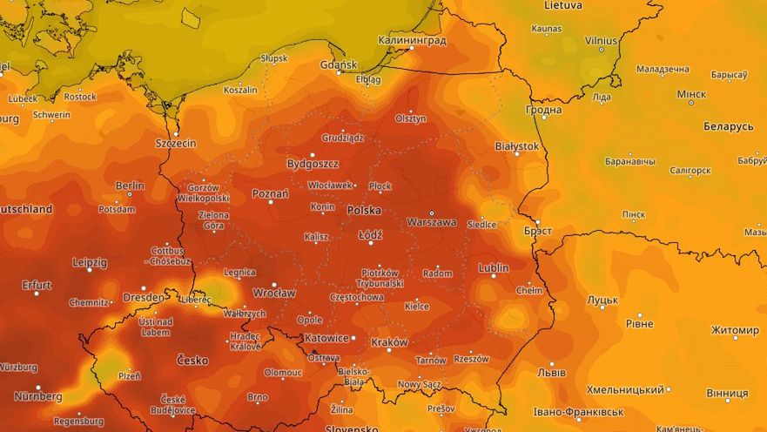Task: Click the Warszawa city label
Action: (x=431, y=222)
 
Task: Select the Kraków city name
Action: (x=389, y=342)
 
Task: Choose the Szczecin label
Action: (x=175, y=143)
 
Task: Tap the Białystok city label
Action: (x=517, y=147)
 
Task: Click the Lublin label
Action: (x=494, y=268)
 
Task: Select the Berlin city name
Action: (x=130, y=186)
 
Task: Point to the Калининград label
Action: (x=412, y=40)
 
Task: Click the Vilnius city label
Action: (x=601, y=40)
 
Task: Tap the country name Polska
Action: (x=365, y=211)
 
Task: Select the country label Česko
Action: (x=192, y=360)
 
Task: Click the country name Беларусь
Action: (x=728, y=126)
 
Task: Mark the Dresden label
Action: (x=143, y=297)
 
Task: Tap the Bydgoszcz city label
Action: (x=313, y=163)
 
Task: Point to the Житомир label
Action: (x=735, y=330)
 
